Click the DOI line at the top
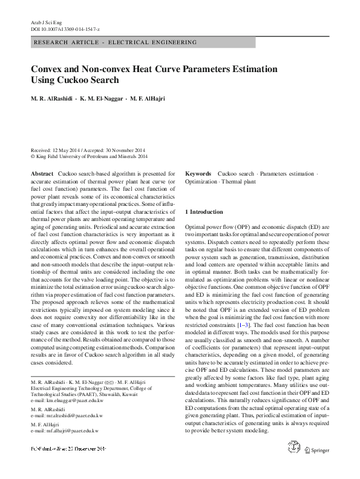(x=65, y=29)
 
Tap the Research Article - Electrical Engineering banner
(x=116, y=42)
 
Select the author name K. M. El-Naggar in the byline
(x=96, y=99)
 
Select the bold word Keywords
(x=198, y=173)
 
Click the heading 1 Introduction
(x=204, y=212)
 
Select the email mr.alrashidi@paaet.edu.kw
(x=70, y=417)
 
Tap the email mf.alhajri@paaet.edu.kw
(x=68, y=431)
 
